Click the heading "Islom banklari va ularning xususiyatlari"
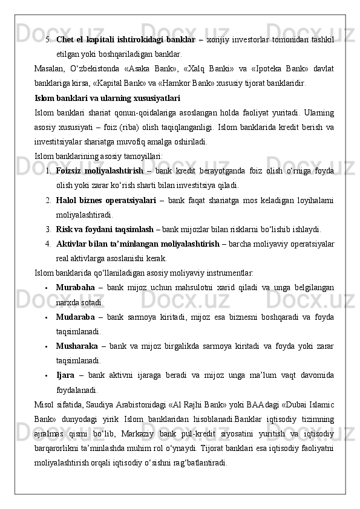[107, 97]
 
